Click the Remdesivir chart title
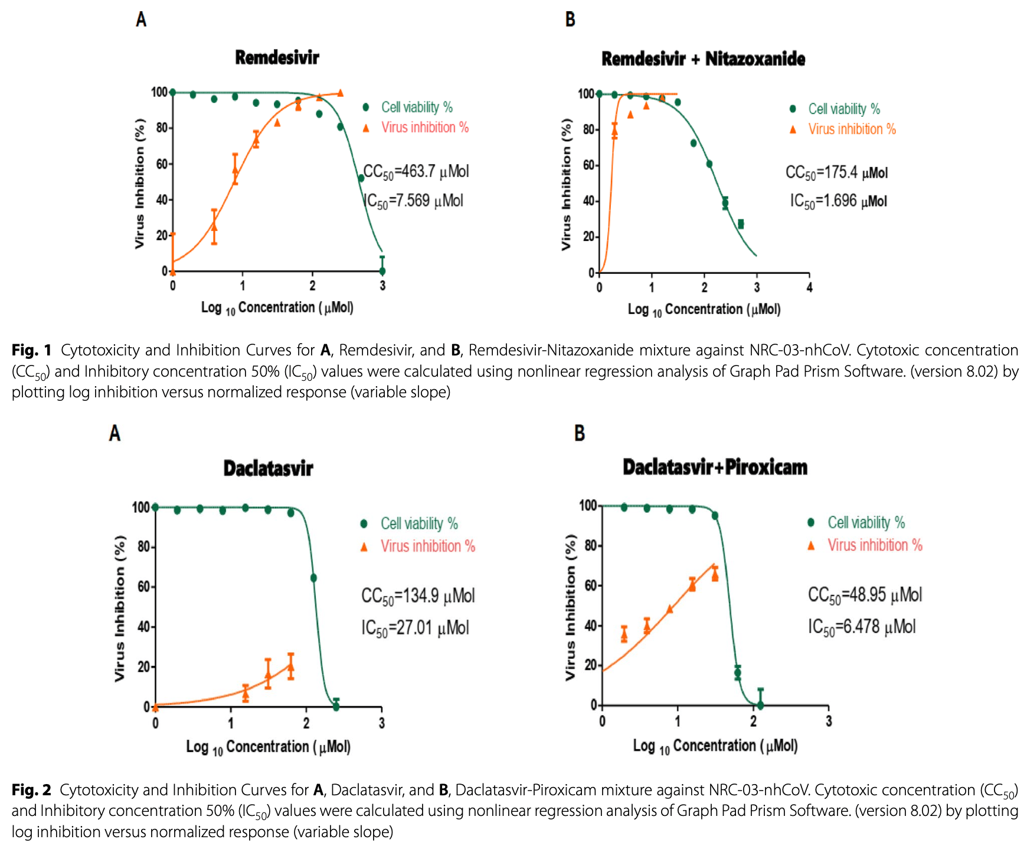pos(277,58)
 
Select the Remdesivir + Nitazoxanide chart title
pos(703,59)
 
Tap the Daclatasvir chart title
pos(268,469)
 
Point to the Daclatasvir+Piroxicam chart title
pos(715,468)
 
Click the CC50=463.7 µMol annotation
pos(416,172)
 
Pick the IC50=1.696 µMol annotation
pos(838,201)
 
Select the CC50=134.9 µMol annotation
pos(418,596)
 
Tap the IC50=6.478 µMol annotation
pos(862,627)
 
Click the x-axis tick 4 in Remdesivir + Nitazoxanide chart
pos(809,288)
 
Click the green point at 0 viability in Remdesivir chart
pos(382,271)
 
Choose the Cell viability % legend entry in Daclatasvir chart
pos(418,524)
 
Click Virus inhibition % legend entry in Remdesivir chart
pos(424,128)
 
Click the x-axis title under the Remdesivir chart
pos(277,308)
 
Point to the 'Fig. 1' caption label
pos(31,350)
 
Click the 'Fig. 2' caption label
pos(31,790)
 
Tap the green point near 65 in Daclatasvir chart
pos(313,578)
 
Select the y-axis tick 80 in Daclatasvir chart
pos(143,547)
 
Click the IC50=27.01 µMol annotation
pos(415,628)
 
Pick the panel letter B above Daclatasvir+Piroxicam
pos(580,433)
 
